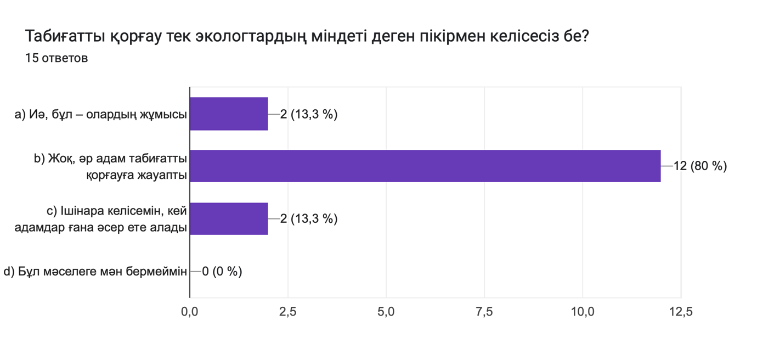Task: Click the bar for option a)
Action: [x=229, y=114]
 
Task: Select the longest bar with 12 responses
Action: [x=425, y=166]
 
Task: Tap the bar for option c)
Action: [x=229, y=218]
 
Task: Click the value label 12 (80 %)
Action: [x=700, y=166]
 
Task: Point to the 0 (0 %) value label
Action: [x=222, y=271]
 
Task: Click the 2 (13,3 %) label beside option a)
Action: [x=308, y=114]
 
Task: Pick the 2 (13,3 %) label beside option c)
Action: [x=308, y=218]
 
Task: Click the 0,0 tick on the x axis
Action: [x=190, y=312]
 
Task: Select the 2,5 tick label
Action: [x=288, y=312]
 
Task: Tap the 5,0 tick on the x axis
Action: [x=386, y=312]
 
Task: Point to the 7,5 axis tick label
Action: [x=484, y=312]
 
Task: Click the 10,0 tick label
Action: [x=583, y=312]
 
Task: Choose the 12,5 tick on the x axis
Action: [x=681, y=312]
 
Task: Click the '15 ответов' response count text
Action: [x=57, y=58]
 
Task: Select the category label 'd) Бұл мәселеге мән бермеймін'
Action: [x=95, y=271]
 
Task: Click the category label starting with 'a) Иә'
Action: [x=101, y=114]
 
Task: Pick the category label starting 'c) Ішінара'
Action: [x=101, y=219]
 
